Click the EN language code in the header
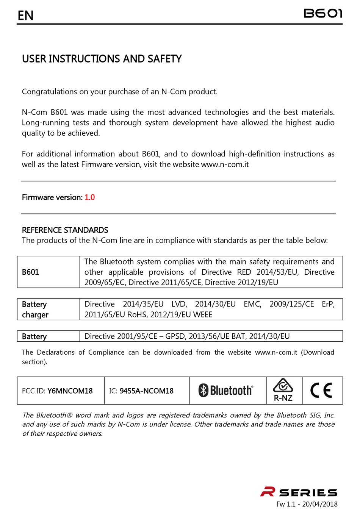26,16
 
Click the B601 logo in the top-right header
323,14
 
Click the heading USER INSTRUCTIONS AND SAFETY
102,59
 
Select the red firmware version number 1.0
90,197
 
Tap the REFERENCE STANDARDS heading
65,230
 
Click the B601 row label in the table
31,272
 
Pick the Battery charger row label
35,310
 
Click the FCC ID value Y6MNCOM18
70,391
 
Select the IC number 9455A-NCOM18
147,391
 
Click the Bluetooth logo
226,390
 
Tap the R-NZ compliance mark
283,390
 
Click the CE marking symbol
321,390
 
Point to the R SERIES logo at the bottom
299,492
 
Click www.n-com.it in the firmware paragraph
225,164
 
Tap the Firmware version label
52,197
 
